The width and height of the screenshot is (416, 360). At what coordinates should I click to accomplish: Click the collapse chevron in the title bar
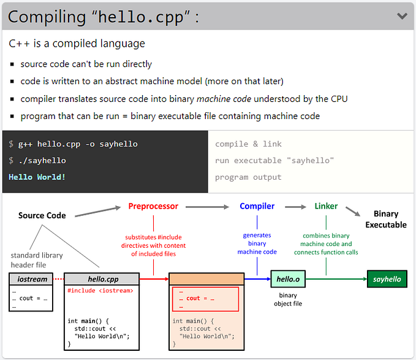coord(402,16)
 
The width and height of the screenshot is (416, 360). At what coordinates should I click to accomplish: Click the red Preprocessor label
coord(153,207)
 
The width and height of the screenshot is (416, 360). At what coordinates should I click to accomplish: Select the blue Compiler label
coord(257,207)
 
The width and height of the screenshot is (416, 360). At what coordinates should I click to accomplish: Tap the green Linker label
coord(326,207)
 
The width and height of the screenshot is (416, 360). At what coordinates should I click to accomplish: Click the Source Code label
coord(42,215)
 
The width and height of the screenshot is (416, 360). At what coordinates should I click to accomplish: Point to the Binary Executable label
coord(386,219)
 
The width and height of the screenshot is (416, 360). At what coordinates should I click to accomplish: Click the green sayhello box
coord(387,279)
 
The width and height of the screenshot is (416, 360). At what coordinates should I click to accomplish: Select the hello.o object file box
coord(288,279)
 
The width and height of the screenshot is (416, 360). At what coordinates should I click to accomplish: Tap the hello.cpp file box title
coord(103,279)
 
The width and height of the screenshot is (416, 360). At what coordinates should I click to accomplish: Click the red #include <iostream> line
coord(100,291)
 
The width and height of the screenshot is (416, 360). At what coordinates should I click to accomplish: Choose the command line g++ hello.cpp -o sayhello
coord(78,144)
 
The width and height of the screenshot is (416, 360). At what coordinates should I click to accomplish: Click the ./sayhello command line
coord(42,161)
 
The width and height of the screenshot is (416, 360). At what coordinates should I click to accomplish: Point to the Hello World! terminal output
coord(37,177)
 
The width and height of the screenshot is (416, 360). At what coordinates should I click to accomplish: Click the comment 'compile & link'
coord(248,144)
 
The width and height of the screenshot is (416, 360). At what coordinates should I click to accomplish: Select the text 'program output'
coord(248,177)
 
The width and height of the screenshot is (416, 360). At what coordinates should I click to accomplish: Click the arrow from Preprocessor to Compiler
coord(207,207)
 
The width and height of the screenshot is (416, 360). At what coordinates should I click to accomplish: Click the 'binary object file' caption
coord(288,299)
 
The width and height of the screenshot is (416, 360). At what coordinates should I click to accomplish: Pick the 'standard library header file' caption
coord(37,260)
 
